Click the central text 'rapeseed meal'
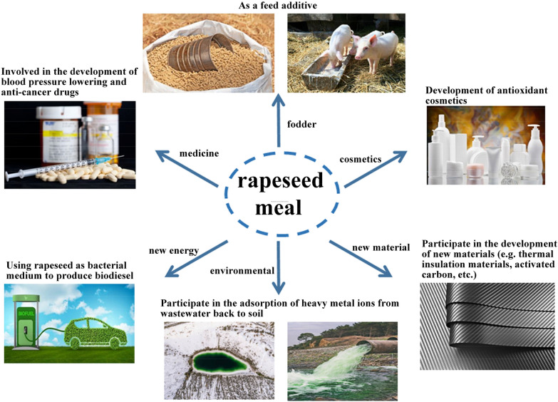pos(279,192)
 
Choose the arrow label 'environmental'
pos(242,271)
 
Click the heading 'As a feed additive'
pos(277,6)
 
